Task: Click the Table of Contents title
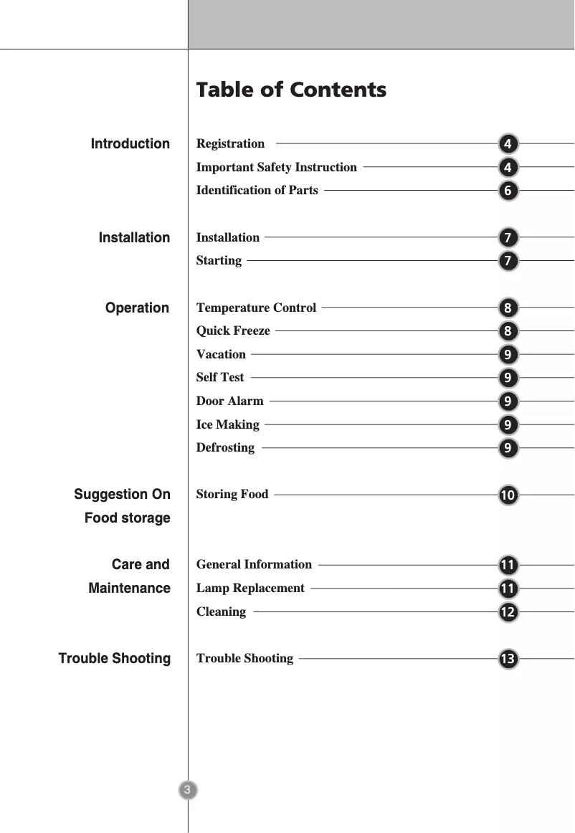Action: point(291,90)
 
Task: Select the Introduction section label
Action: point(130,144)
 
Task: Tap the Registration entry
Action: point(230,144)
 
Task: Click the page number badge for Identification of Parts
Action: point(508,191)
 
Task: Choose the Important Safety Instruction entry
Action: point(276,167)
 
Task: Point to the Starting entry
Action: point(219,260)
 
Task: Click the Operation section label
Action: point(137,308)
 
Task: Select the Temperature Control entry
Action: point(256,308)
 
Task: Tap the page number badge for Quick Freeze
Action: point(508,331)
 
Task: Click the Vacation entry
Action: point(221,354)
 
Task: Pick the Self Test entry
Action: point(220,377)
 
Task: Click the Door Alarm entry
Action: point(229,401)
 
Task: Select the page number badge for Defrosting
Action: point(508,449)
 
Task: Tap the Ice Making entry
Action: point(227,424)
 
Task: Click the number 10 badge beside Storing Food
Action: point(508,495)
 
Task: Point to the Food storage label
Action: point(127,518)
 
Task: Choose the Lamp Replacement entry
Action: point(250,588)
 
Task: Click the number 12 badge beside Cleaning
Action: point(508,612)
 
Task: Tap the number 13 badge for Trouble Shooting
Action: point(508,659)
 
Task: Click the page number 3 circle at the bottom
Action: point(187,790)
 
